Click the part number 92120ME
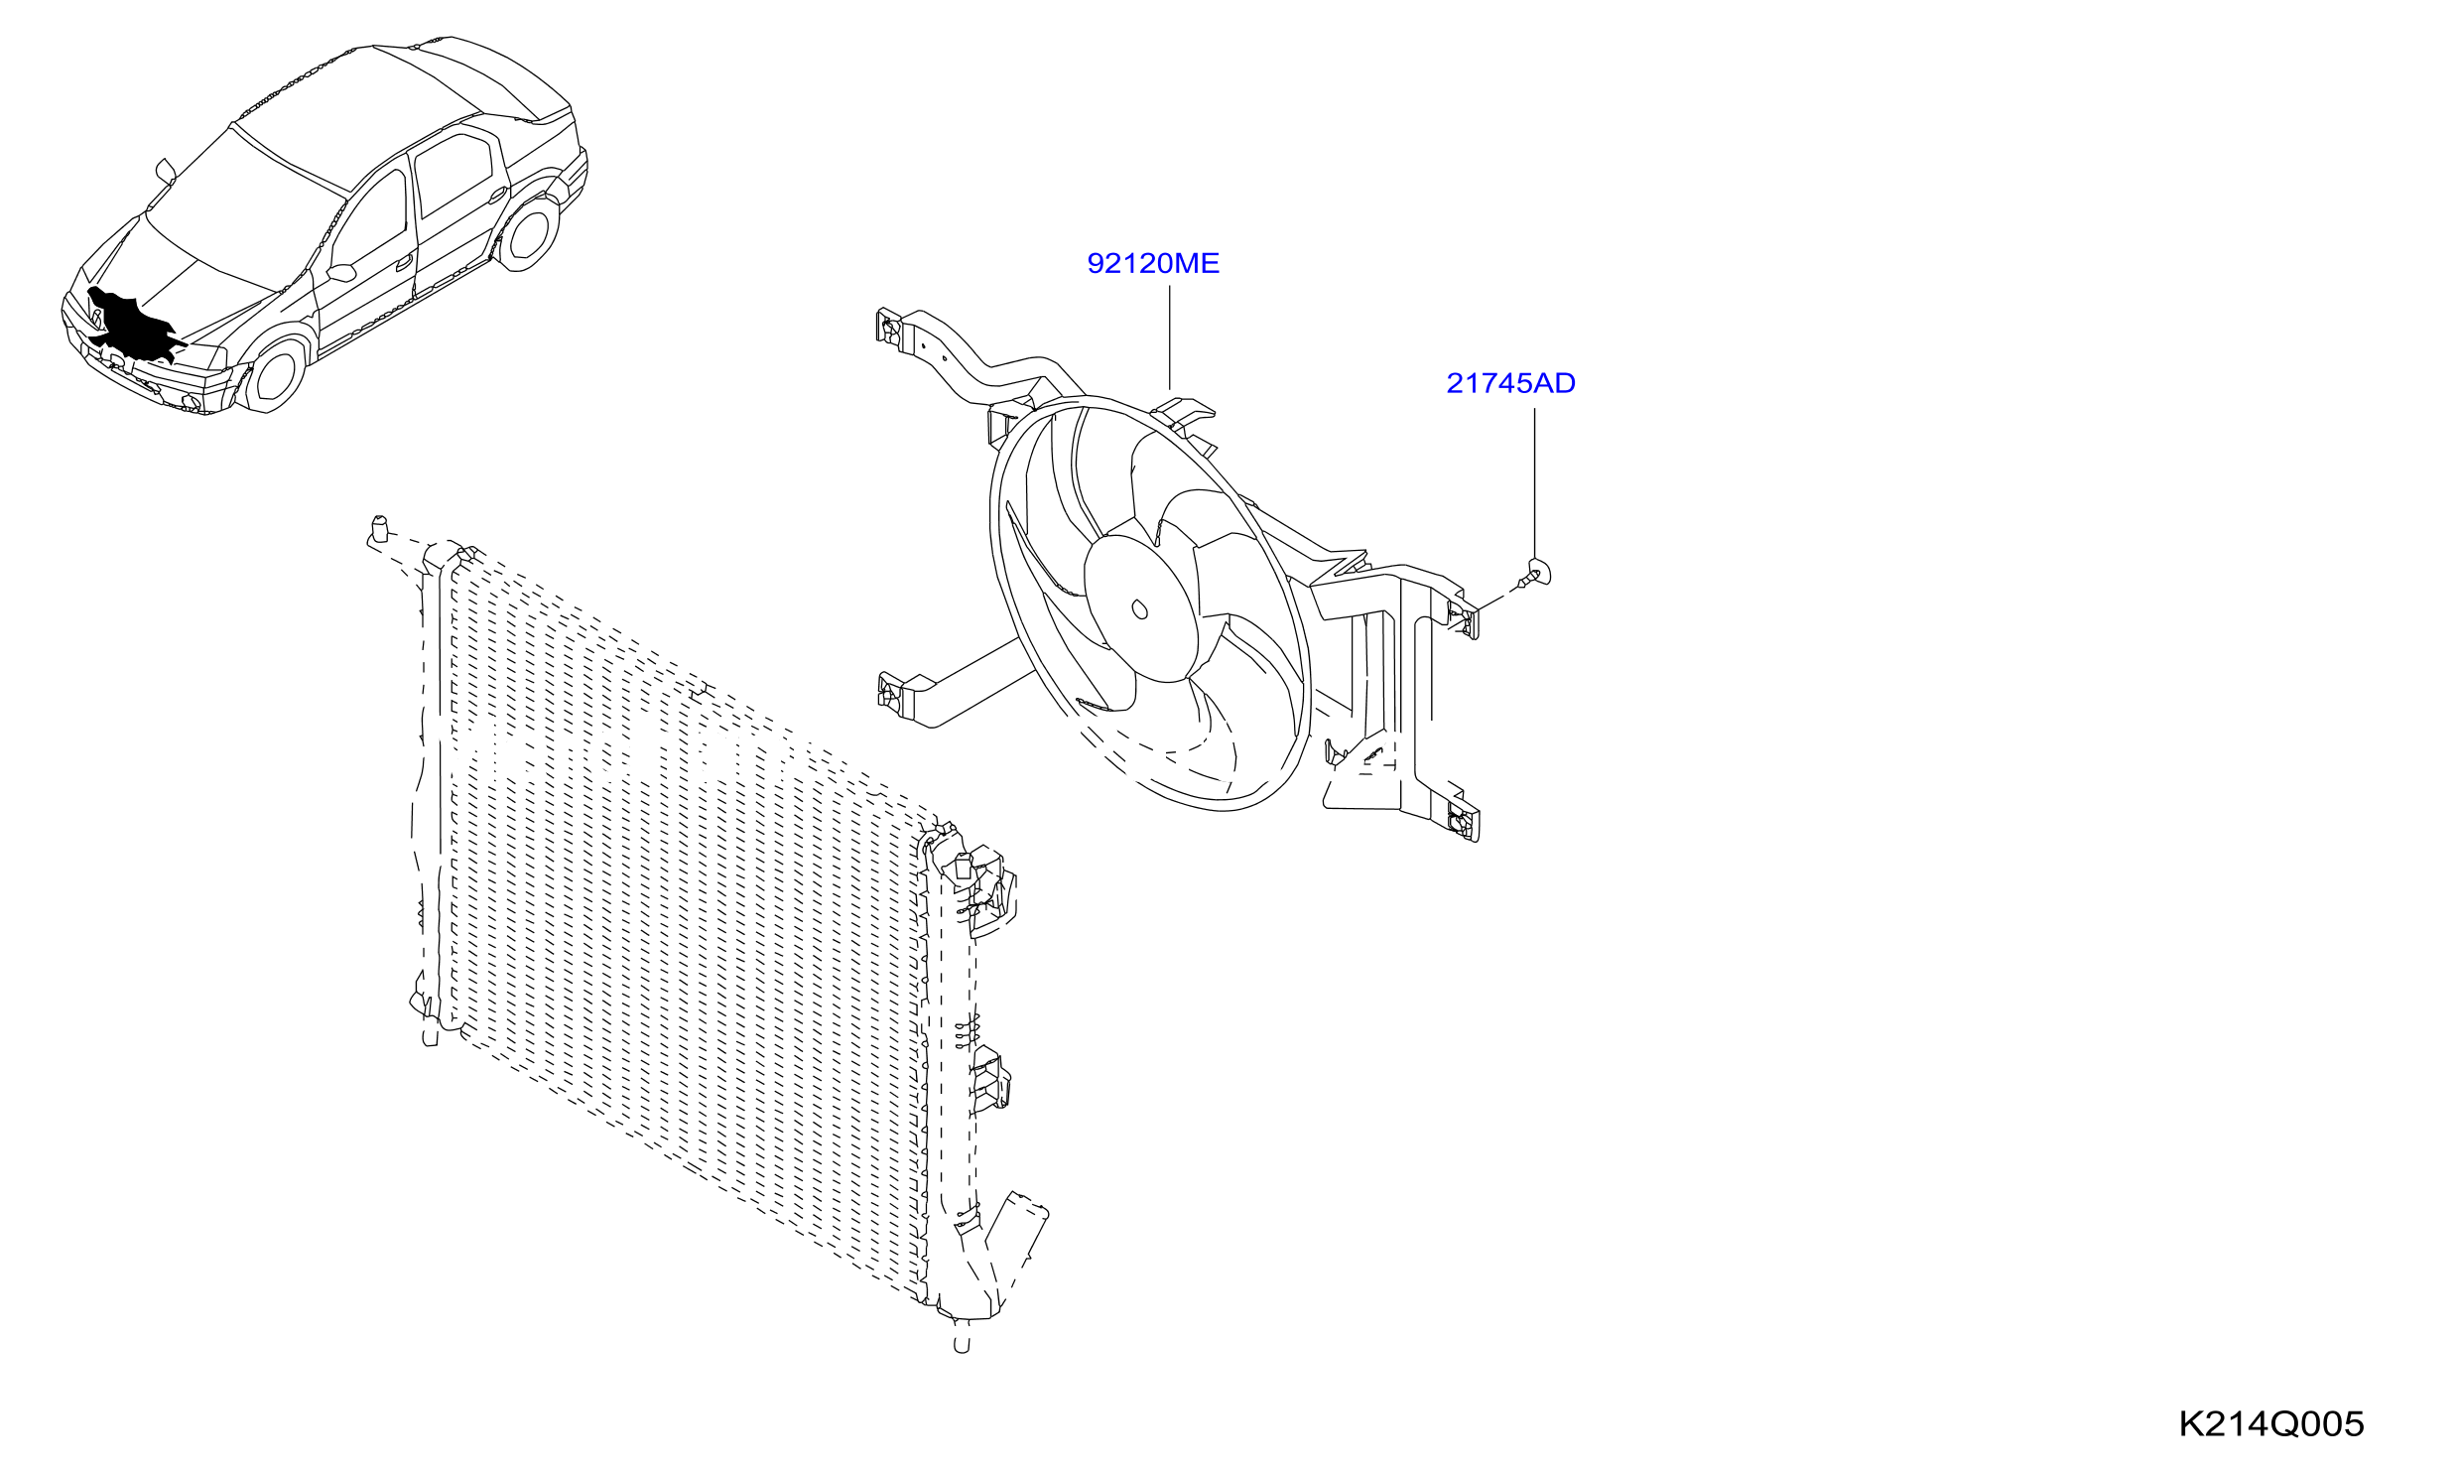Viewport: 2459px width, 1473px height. coord(1153,263)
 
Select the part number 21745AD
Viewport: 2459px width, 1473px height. coord(1510,383)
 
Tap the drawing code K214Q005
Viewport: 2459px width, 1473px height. coord(2270,1424)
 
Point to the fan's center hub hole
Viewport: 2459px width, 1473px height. coord(1140,608)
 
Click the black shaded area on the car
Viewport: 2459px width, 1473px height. coord(134,326)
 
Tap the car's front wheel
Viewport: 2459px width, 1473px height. coord(273,372)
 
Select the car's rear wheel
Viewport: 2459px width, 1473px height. coord(527,232)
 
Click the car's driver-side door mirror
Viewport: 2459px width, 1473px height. coord(341,272)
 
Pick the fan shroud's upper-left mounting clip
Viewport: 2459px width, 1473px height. coord(889,328)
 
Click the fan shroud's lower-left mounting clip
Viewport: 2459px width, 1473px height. coord(892,692)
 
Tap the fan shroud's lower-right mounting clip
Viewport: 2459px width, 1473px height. coord(1463,818)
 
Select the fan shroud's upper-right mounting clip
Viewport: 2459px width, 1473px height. coord(1463,616)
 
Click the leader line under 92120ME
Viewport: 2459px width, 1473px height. coord(1170,337)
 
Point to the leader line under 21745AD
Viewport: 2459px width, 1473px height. coord(1534,483)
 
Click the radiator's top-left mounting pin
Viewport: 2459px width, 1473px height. coord(378,530)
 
